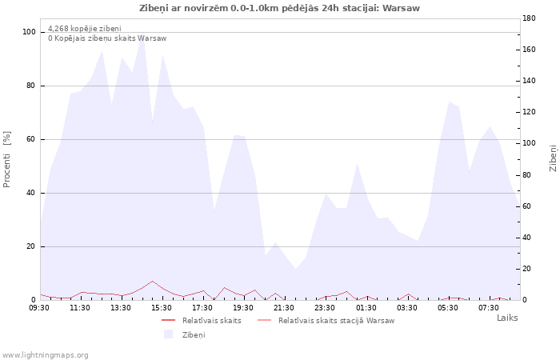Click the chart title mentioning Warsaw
[279, 8]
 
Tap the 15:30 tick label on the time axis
[162, 308]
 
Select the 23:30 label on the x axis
[325, 308]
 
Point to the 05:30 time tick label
[447, 308]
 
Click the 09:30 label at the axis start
[39, 308]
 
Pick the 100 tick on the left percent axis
[29, 32]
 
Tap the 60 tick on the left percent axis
[31, 139]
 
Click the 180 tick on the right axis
[529, 18]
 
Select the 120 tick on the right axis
[529, 112]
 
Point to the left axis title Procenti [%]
[6, 159]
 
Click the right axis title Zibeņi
[553, 158]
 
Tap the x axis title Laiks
[507, 318]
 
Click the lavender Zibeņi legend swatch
[168, 334]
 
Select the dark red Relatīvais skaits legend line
[168, 320]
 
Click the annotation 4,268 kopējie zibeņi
[85, 29]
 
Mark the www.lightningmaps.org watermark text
[45, 355]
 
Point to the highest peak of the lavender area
[143, 32]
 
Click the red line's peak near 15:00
[153, 281]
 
